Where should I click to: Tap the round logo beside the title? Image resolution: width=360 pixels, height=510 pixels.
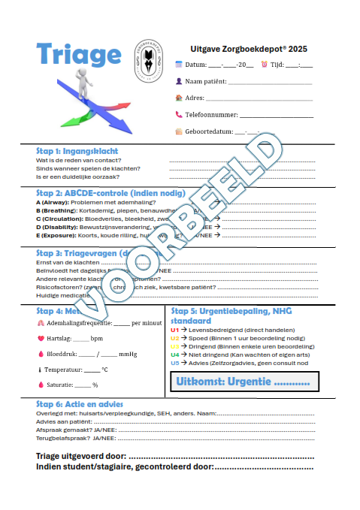click(148, 60)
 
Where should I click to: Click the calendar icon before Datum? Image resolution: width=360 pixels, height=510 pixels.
click(179, 65)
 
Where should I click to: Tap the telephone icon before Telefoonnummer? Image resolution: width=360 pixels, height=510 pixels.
click(179, 115)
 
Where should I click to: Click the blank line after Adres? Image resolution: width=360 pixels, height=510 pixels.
click(259, 98)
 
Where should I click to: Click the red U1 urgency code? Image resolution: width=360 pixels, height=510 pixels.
click(175, 330)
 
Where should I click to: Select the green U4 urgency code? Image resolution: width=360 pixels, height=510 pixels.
click(175, 355)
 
